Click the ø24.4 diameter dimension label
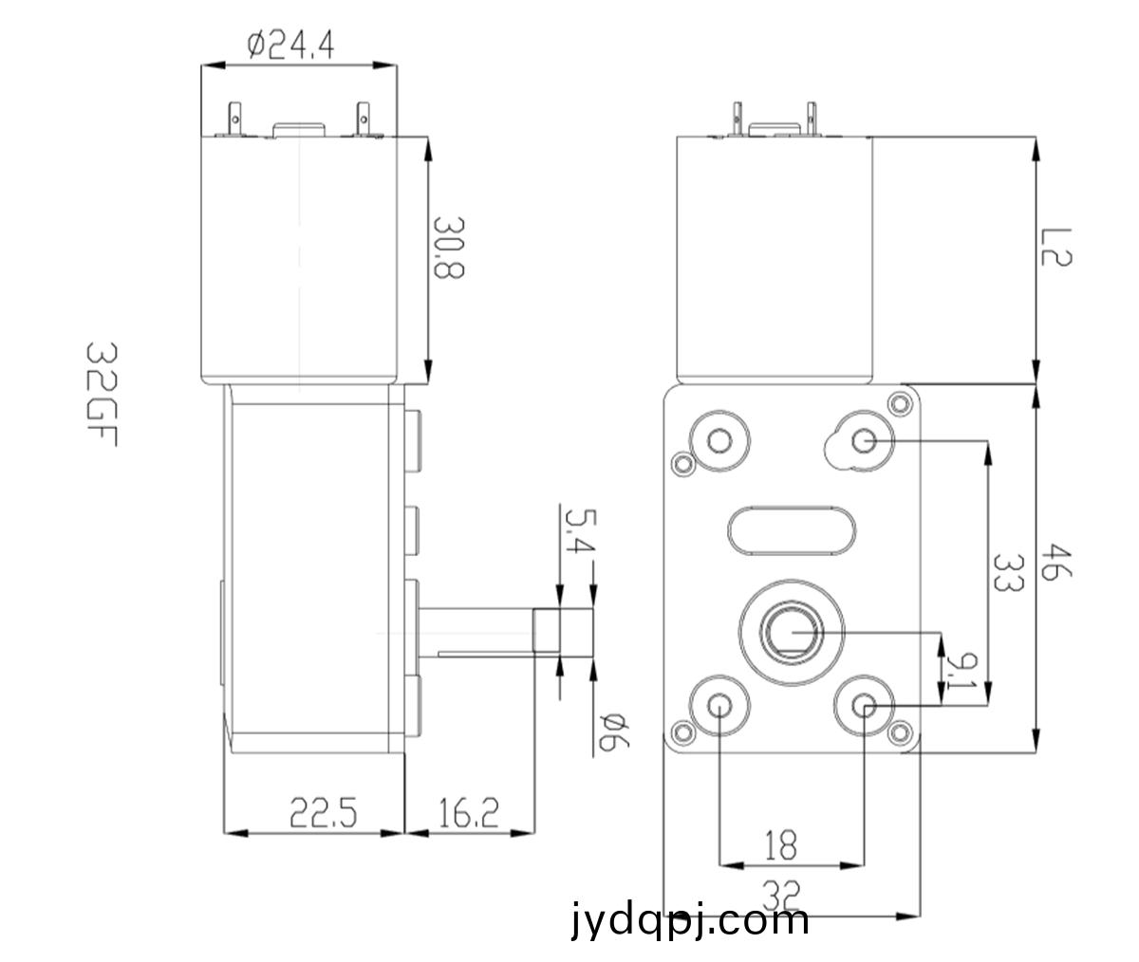pyautogui.click(x=290, y=46)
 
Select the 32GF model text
pyautogui.click(x=102, y=394)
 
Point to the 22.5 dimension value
pyautogui.click(x=323, y=812)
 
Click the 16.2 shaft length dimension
pyautogui.click(x=469, y=812)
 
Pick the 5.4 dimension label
pyautogui.click(x=580, y=530)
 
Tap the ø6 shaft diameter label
pyautogui.click(x=614, y=731)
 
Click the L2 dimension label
pyautogui.click(x=1056, y=247)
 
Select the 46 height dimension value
pyautogui.click(x=1056, y=562)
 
